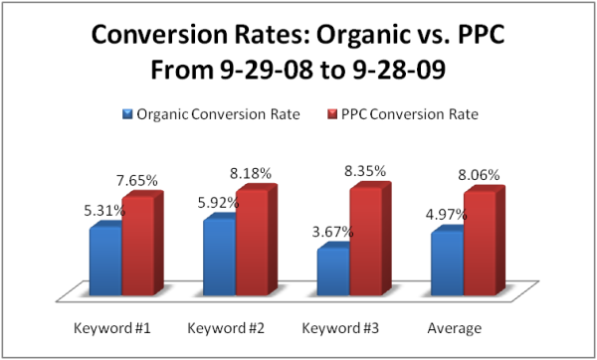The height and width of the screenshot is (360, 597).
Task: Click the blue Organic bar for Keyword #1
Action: [104, 261]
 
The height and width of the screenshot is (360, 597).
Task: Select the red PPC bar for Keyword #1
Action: [137, 246]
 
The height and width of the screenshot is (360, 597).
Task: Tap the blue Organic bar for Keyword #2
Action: [218, 256]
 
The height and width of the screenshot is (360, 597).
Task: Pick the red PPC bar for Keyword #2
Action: [251, 242]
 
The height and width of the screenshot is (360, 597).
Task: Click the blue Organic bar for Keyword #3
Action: [332, 270]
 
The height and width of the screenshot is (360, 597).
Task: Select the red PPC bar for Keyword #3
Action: [365, 240]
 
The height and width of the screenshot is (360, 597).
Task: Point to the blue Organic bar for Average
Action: [446, 263]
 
